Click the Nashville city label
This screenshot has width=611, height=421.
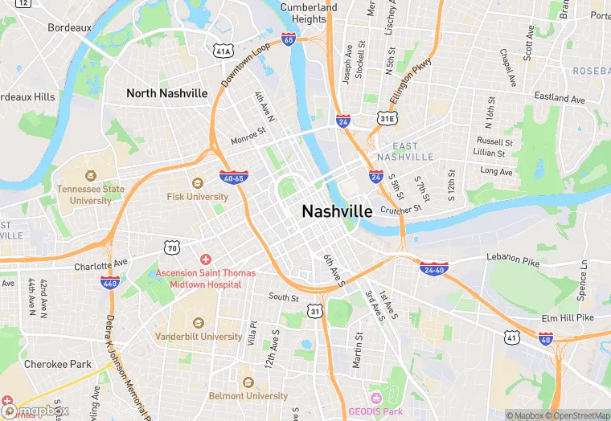click(337, 211)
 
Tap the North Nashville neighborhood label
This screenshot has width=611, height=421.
click(166, 93)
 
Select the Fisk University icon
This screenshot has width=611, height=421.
click(198, 182)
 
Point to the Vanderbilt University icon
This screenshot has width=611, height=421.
click(198, 322)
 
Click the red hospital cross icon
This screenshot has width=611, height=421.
click(206, 260)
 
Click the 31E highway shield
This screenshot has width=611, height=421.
click(388, 119)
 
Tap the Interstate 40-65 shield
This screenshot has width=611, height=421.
click(233, 176)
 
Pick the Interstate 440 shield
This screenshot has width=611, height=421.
click(110, 282)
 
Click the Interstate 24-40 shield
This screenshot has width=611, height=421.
click(433, 268)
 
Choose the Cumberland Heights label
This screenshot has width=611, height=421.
click(310, 13)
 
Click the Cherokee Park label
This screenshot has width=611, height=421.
click(57, 363)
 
